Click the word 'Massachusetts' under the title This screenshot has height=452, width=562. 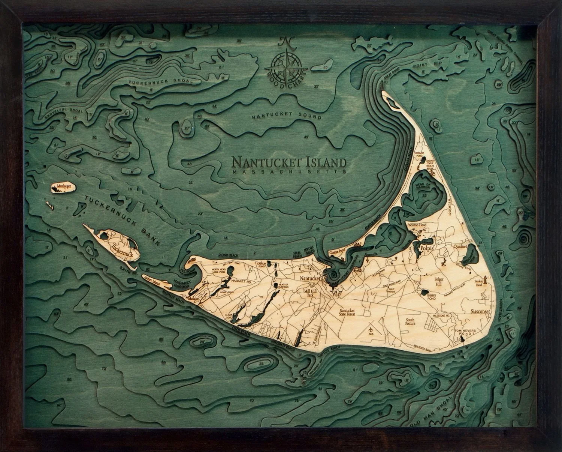point(288,171)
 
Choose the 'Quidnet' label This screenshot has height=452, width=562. point(460,247)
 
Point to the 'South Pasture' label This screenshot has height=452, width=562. point(411,321)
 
